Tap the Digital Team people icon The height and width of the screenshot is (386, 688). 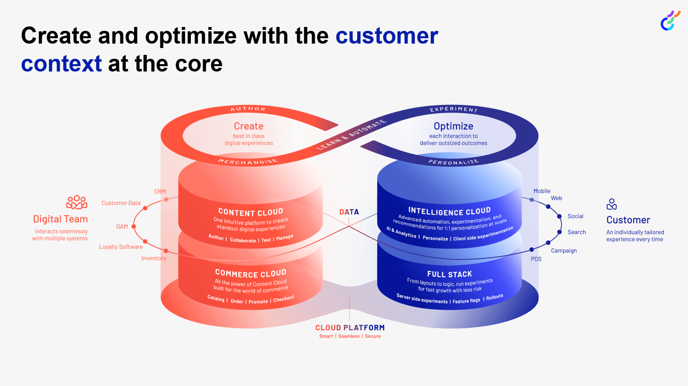pyautogui.click(x=77, y=202)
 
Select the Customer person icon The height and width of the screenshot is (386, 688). pyautogui.click(x=612, y=204)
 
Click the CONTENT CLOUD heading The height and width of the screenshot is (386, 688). pyautogui.click(x=251, y=212)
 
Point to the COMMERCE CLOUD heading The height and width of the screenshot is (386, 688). pyautogui.click(x=251, y=273)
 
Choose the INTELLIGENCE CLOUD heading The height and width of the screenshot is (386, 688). pyautogui.click(x=449, y=212)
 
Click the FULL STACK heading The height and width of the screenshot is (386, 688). pyautogui.click(x=449, y=274)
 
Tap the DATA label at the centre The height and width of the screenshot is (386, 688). pyautogui.click(x=349, y=212)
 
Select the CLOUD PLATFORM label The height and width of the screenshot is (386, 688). pyautogui.click(x=349, y=328)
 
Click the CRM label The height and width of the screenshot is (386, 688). pyautogui.click(x=160, y=192)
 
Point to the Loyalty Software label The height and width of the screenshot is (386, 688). pyautogui.click(x=121, y=247)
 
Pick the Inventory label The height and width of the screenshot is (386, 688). pyautogui.click(x=154, y=258)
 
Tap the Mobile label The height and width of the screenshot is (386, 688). pyautogui.click(x=542, y=191)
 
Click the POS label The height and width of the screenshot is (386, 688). pyautogui.click(x=536, y=259)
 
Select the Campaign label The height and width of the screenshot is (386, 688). pyautogui.click(x=564, y=251)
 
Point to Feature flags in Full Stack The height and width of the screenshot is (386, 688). pyautogui.click(x=466, y=301)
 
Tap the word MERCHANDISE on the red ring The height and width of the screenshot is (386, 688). pyautogui.click(x=248, y=160)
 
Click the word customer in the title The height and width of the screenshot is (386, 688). pyautogui.click(x=387, y=36)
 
